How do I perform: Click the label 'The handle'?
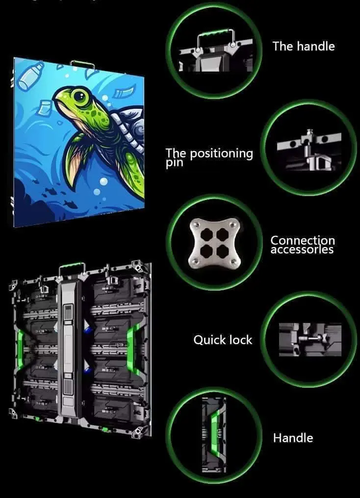click(x=304, y=47)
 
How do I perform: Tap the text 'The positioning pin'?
click(x=209, y=157)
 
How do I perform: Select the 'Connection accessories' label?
click(x=303, y=245)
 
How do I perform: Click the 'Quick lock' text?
click(x=223, y=340)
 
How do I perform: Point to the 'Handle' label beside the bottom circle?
click(x=293, y=438)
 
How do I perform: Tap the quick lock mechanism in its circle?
click(x=310, y=339)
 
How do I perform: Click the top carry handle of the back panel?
click(x=72, y=266)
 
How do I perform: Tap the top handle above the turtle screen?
click(x=82, y=64)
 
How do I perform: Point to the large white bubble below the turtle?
click(x=103, y=181)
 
